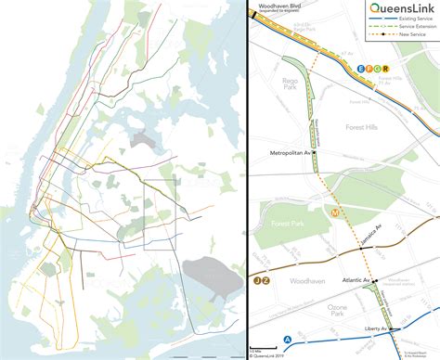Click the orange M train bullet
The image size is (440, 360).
pyautogui.click(x=335, y=212)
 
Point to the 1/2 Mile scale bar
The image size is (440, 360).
pyautogui.click(x=256, y=352)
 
